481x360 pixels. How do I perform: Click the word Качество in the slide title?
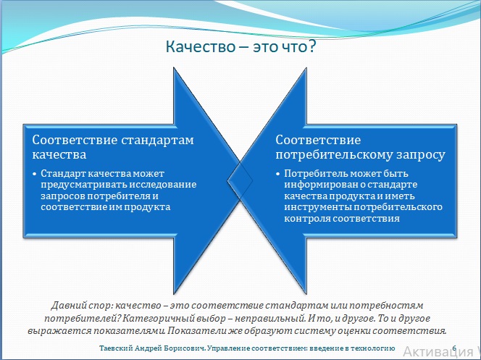coord(201,47)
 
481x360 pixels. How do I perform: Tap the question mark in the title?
coord(312,47)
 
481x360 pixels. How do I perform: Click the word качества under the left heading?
coord(59,154)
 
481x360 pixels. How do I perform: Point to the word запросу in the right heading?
coord(421,155)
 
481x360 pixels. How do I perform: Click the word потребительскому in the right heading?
coord(335,155)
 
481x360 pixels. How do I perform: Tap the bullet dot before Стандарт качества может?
coord(35,174)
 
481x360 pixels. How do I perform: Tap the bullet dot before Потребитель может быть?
coord(278,174)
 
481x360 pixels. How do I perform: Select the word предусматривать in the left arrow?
coord(84,185)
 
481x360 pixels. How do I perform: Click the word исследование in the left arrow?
coord(163,185)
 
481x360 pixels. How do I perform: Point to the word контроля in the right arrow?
coord(307,219)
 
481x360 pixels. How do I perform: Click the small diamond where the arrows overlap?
coord(240,180)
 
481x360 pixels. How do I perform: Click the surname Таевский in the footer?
coord(116,348)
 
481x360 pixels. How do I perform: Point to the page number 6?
coord(454,348)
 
